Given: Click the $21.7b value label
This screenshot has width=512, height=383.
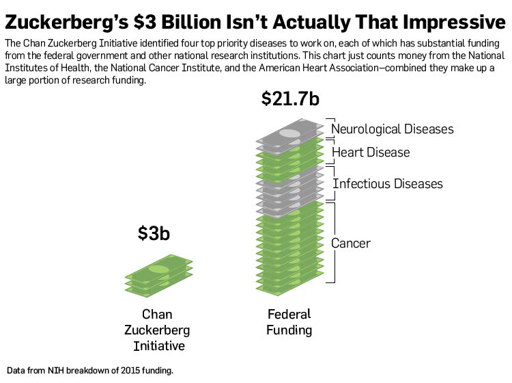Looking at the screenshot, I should click(x=290, y=98).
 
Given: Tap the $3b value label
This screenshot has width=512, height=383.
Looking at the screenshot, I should click(x=154, y=233).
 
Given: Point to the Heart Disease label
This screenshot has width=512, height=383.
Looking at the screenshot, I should click(x=370, y=152).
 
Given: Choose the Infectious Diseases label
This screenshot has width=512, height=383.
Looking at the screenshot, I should click(x=388, y=183).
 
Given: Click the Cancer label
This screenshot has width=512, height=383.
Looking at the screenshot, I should click(x=351, y=243).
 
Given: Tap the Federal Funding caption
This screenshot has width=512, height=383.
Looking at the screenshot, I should click(x=289, y=322).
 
